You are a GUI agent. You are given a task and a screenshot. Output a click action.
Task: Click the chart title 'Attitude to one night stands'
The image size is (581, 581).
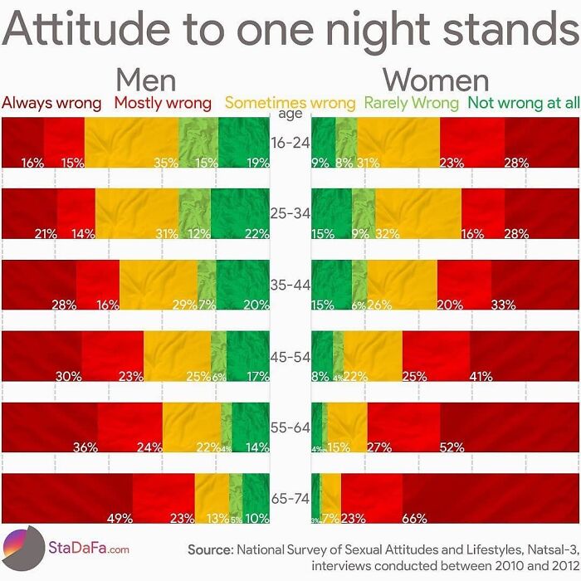290,31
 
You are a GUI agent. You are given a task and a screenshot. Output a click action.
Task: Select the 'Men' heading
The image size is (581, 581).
145,80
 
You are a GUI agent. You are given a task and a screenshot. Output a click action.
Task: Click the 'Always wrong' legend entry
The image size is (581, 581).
51,104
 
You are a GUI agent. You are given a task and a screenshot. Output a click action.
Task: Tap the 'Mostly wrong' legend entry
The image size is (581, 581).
163,104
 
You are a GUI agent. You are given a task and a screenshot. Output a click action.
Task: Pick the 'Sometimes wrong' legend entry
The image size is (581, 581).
290,104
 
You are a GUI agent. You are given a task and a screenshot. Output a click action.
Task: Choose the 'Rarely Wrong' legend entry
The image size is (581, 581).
412,104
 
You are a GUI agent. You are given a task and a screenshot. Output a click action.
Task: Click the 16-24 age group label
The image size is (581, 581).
290,143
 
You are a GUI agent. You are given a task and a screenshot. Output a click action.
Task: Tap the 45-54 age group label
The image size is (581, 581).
290,356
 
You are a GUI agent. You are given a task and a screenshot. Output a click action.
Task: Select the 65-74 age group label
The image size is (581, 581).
290,499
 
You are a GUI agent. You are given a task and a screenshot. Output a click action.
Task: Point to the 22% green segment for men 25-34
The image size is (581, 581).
240,214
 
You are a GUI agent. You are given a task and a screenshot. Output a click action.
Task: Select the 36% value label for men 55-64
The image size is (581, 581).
85,447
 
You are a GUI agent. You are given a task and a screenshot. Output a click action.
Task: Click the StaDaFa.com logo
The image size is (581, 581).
66,548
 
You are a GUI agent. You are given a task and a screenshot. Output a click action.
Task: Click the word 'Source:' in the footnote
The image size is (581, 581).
211,549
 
